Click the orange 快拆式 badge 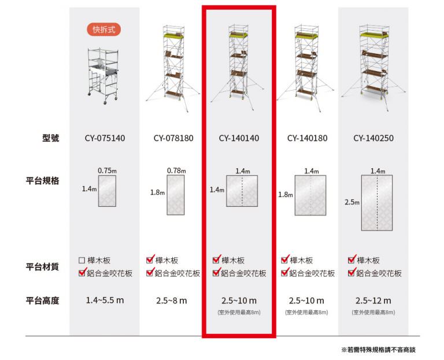tap(104, 29)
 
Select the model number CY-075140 tap(105, 138)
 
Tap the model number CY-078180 tap(173, 138)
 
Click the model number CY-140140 tap(239, 138)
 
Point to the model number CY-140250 tap(373, 138)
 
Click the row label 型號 tap(51, 138)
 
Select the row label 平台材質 tap(42, 266)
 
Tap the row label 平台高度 tap(42, 300)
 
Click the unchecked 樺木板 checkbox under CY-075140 tap(82, 260)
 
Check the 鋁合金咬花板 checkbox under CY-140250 tap(351, 273)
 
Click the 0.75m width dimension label tap(107, 170)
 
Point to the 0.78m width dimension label tap(176, 170)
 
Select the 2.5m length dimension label tap(352, 202)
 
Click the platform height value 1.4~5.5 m tap(105, 300)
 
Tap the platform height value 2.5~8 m tap(172, 300)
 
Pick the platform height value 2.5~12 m tap(373, 300)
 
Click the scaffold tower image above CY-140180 tap(305, 68)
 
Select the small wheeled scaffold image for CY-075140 tap(103, 76)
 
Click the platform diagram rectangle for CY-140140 tap(242, 191)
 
